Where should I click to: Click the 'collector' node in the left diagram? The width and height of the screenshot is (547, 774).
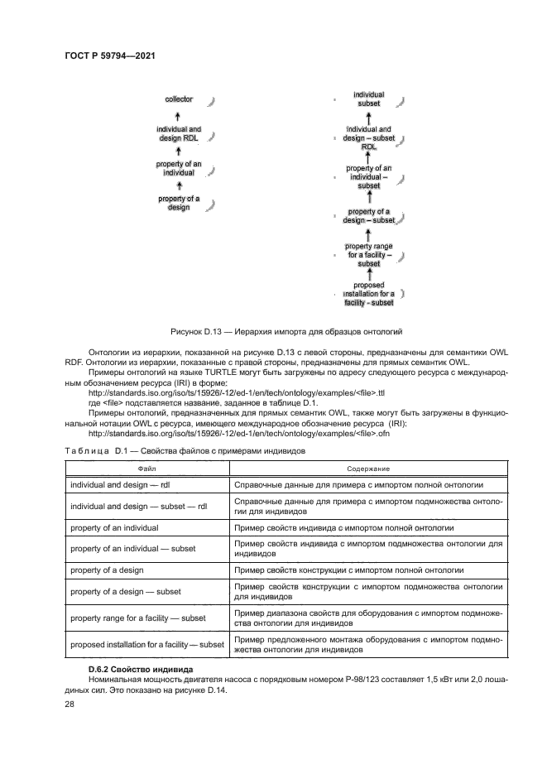(x=179, y=99)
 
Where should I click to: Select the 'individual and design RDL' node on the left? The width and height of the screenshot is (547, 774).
(x=179, y=134)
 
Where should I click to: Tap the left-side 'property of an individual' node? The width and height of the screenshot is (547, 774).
(x=179, y=169)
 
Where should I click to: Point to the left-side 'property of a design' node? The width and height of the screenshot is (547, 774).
(x=179, y=204)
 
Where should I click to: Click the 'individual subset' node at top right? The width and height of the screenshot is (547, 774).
(x=369, y=100)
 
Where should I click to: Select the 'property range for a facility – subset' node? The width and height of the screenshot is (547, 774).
(x=369, y=255)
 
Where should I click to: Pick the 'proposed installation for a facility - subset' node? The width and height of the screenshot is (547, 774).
(x=369, y=294)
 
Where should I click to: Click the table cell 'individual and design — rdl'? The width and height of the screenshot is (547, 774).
(x=126, y=485)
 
